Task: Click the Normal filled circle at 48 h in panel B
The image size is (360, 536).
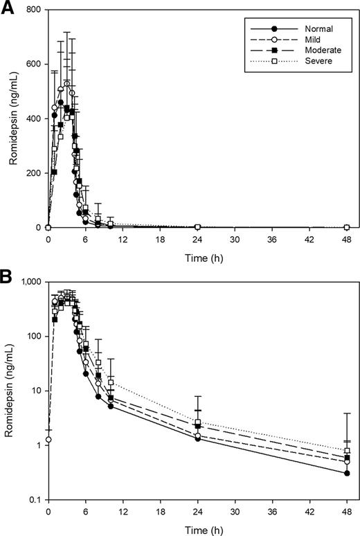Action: [x=346, y=474]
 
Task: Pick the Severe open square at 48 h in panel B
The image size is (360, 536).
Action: [x=346, y=451]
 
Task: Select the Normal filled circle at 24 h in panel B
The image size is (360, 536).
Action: [x=197, y=438]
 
